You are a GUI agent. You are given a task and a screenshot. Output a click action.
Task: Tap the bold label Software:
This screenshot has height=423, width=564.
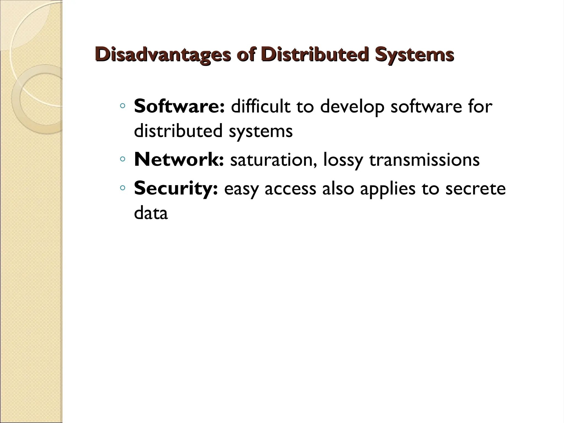click(179, 107)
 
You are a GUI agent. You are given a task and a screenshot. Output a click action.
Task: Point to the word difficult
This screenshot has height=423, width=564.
click(261, 107)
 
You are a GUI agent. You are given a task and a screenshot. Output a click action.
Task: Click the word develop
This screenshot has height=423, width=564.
click(352, 107)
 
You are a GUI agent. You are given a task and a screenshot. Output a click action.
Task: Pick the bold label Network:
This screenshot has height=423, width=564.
click(179, 160)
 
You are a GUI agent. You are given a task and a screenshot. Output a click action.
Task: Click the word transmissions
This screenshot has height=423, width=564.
click(424, 160)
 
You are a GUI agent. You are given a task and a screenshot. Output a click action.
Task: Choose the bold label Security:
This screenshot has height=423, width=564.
click(176, 188)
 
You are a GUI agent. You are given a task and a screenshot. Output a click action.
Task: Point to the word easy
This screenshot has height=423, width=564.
click(241, 189)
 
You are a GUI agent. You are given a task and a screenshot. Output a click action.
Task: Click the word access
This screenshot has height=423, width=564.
click(290, 189)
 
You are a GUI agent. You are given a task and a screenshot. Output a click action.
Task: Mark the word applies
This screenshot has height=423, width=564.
click(387, 189)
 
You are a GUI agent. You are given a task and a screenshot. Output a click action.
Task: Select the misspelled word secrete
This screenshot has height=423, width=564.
click(475, 188)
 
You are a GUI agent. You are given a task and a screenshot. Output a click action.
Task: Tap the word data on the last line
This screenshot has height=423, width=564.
click(151, 213)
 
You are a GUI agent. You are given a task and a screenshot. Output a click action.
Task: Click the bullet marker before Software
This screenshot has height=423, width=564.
click(123, 106)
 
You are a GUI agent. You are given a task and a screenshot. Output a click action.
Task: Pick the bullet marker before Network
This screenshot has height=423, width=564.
click(123, 159)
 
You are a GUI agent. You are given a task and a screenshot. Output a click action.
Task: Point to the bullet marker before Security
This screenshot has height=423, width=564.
click(123, 188)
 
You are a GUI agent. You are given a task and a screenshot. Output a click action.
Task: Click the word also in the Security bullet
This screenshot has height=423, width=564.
click(338, 188)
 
